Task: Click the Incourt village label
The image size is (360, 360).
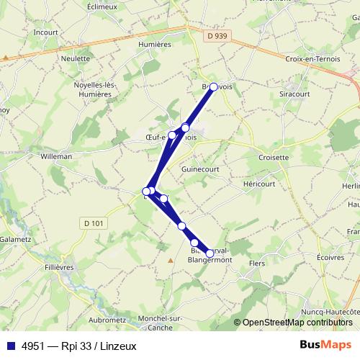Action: (x=45, y=32)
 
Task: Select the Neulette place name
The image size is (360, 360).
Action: (x=76, y=58)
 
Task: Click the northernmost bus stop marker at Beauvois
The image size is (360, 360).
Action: (x=214, y=86)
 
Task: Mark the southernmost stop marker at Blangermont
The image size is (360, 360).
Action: (x=210, y=253)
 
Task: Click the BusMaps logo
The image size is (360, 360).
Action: (x=325, y=343)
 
